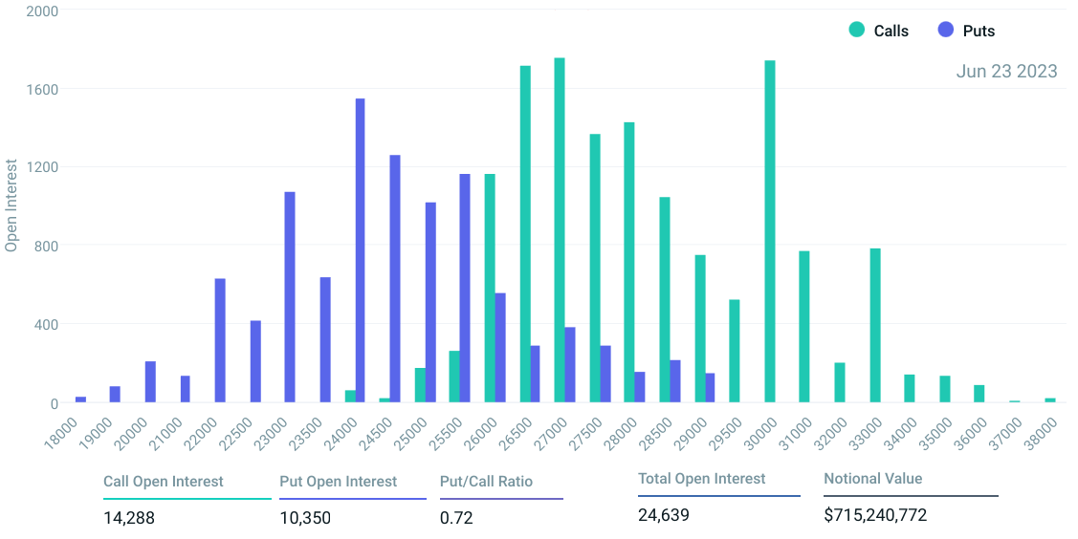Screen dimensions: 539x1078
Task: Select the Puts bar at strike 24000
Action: coord(360,250)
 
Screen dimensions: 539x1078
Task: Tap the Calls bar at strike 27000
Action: coord(560,230)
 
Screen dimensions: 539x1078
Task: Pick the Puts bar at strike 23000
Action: coord(290,297)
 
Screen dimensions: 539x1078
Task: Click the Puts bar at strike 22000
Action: coord(220,340)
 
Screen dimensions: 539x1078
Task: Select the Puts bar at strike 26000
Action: coord(500,348)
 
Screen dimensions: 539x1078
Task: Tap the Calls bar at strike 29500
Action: coord(735,351)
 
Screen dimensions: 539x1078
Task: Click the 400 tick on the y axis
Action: coord(47,325)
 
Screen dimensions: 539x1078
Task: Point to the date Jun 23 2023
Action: coord(1006,72)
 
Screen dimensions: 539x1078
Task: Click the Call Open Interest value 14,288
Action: coord(129,518)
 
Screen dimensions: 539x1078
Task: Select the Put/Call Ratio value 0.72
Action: coord(456,518)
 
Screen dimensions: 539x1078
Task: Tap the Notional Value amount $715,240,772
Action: coord(875,515)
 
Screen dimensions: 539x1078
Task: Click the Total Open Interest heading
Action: coord(702,478)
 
